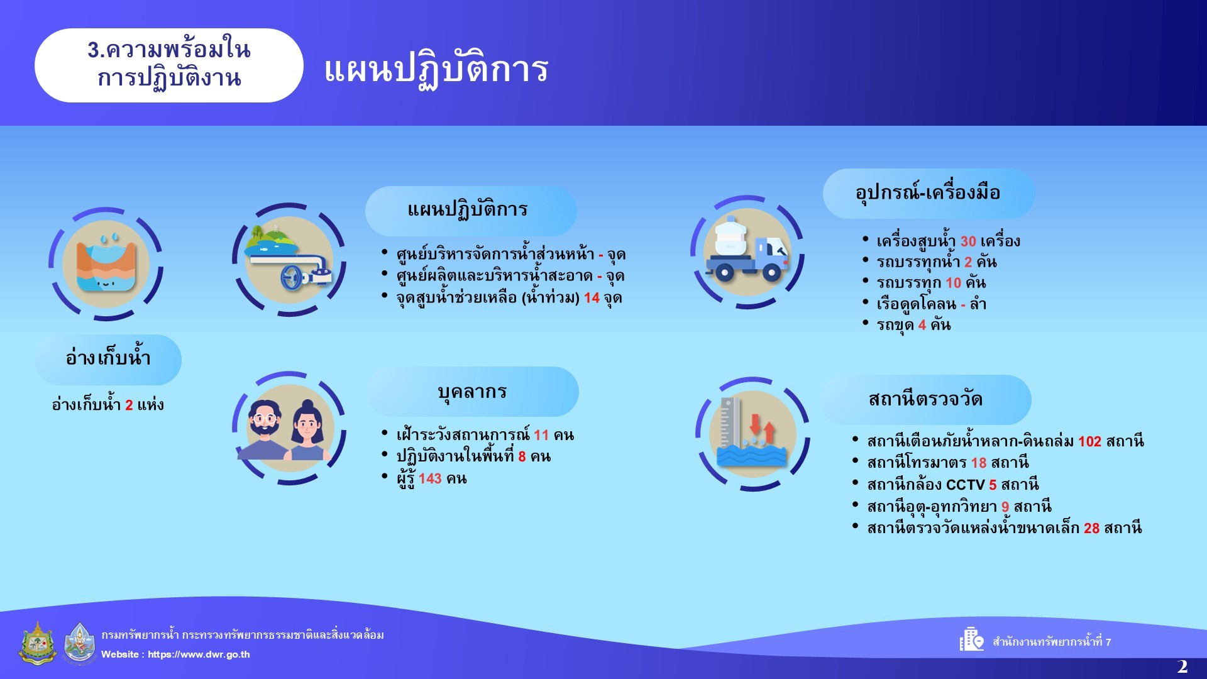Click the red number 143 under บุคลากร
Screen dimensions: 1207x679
[430, 478]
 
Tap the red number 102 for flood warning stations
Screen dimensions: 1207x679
[1089, 441]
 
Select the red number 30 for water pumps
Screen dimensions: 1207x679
[968, 241]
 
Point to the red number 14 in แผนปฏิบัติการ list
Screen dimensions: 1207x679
[592, 298]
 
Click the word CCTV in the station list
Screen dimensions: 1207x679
[965, 485]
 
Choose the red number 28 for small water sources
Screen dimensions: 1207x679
[1091, 528]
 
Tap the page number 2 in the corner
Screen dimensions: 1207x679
[1182, 666]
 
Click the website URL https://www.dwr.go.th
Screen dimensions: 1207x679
[199, 654]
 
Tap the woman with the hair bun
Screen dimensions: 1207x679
[308, 431]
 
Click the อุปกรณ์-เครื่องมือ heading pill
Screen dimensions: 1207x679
[929, 194]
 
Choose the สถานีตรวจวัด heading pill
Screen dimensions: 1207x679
[926, 400]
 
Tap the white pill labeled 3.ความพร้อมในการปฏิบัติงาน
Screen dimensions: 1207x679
[169, 65]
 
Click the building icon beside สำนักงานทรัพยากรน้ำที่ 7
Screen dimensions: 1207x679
[971, 639]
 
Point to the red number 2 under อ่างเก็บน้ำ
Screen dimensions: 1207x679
[129, 405]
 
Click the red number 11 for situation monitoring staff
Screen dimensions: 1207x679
[541, 435]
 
